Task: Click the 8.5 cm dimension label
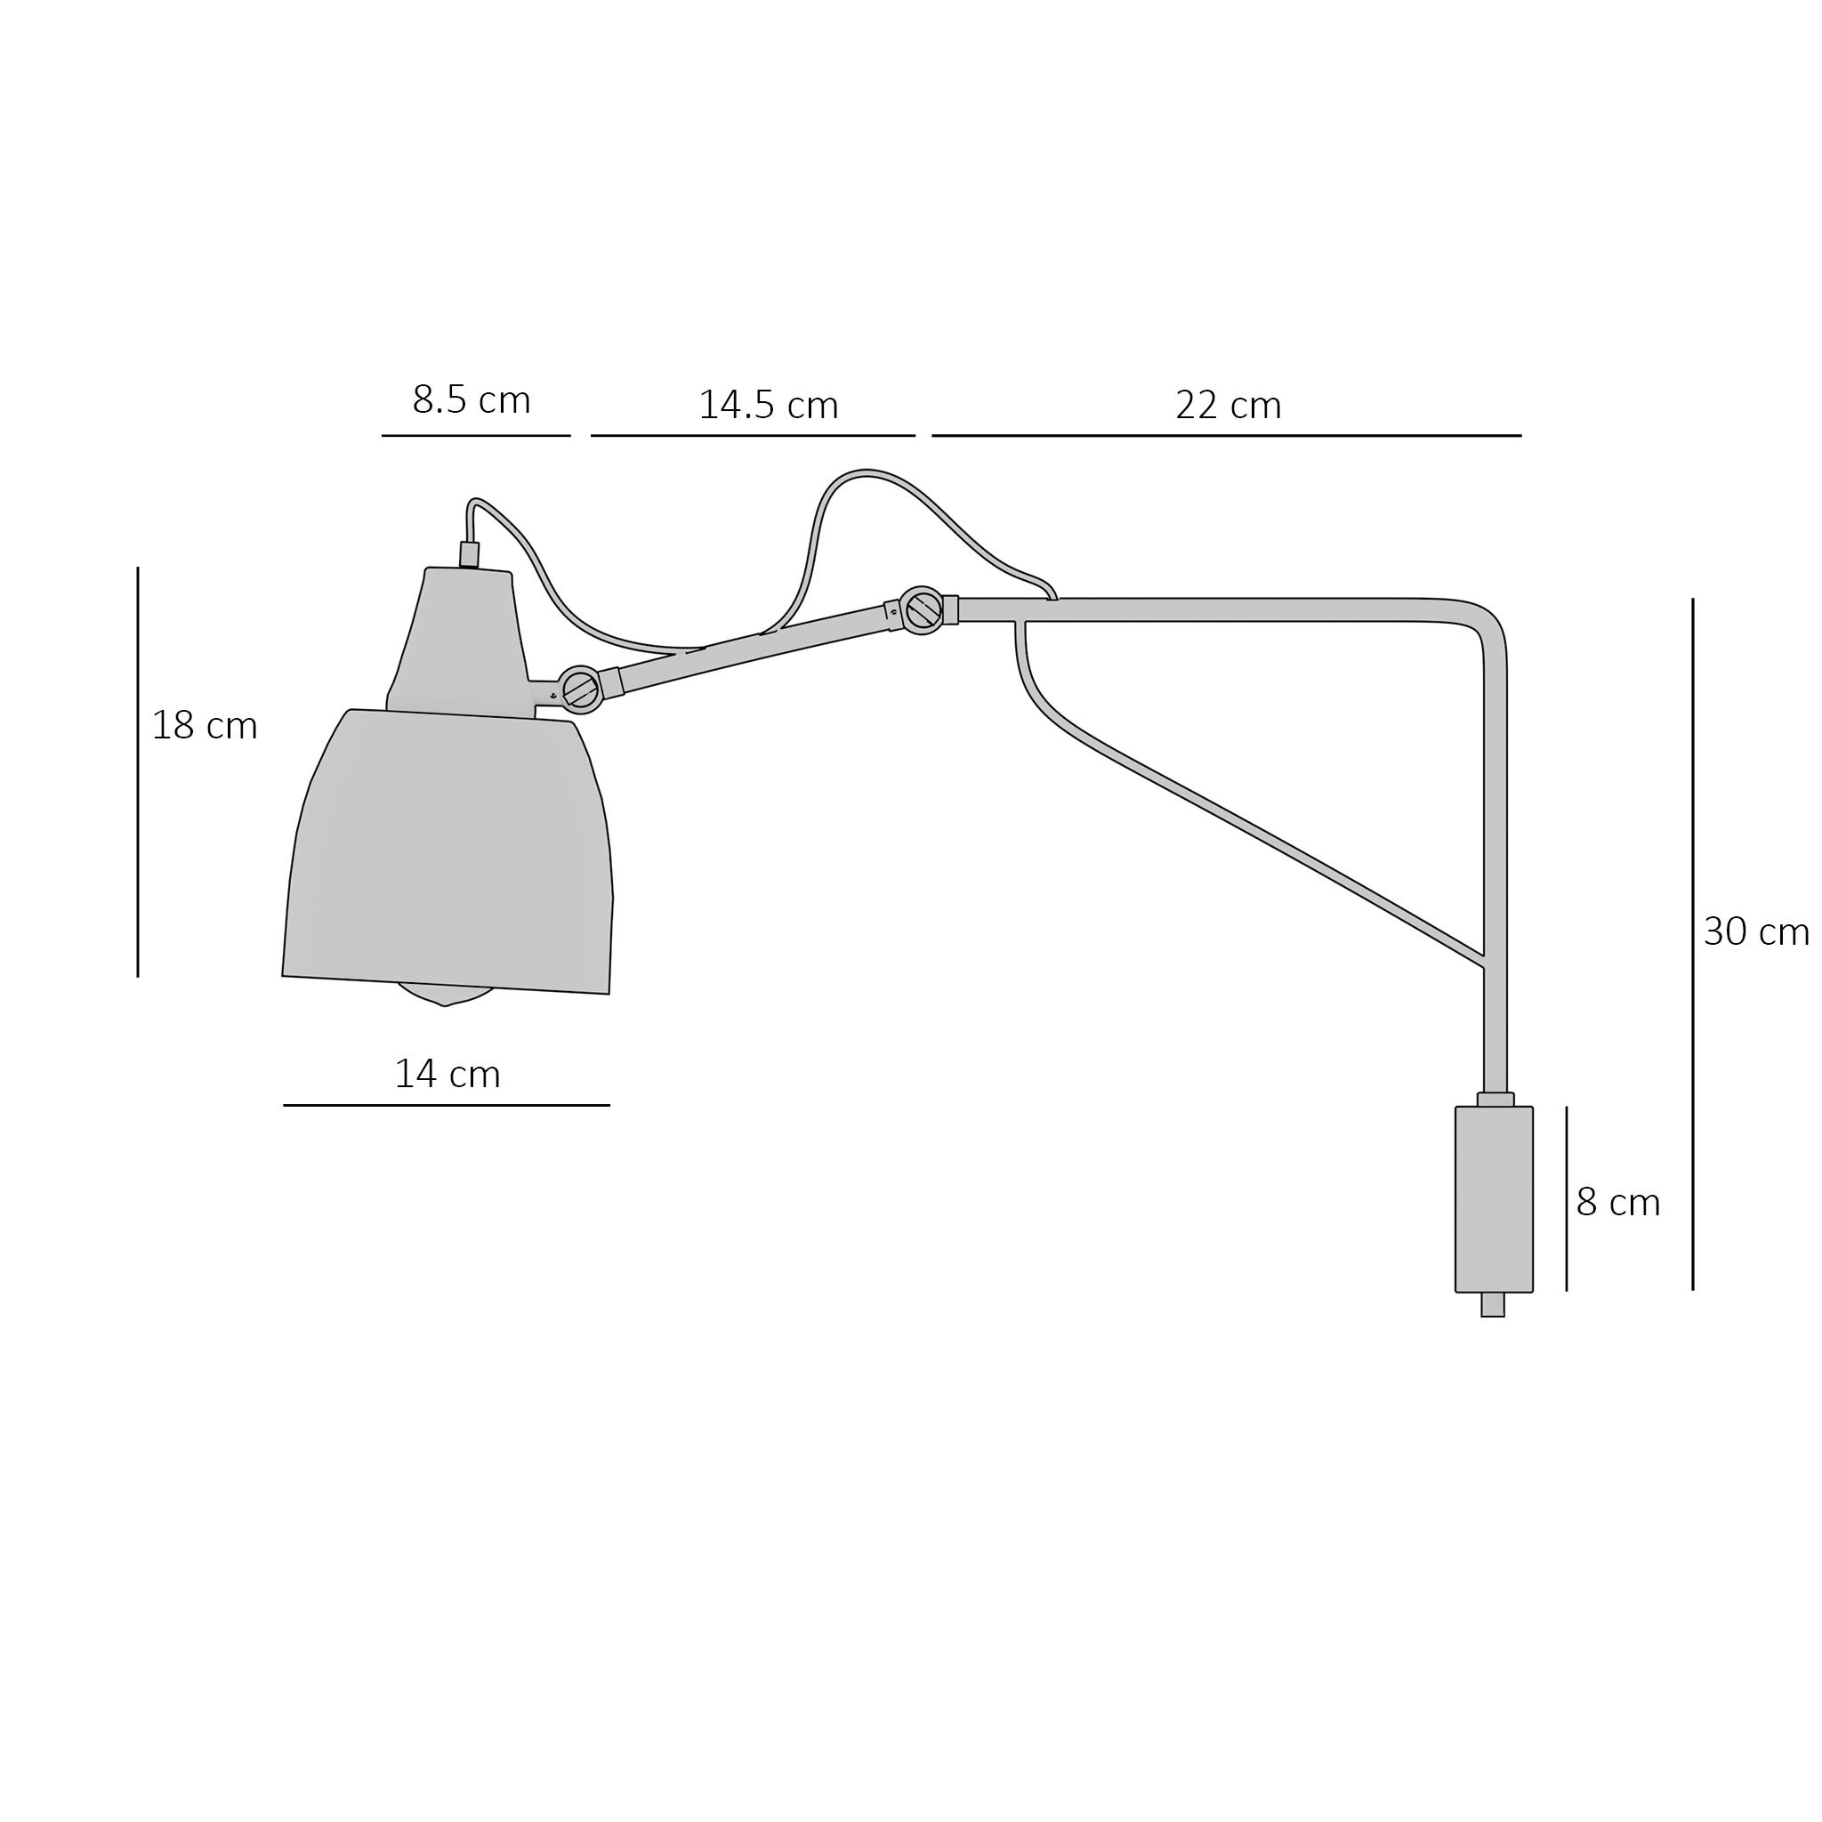(x=472, y=399)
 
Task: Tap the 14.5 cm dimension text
(x=769, y=405)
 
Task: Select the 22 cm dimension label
(x=1229, y=406)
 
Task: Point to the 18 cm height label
(x=205, y=725)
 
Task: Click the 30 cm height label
(x=1756, y=931)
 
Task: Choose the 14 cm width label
(x=447, y=1074)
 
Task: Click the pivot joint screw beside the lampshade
(x=581, y=689)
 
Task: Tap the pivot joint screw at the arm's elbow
(x=923, y=610)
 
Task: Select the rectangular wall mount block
(x=1494, y=1198)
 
